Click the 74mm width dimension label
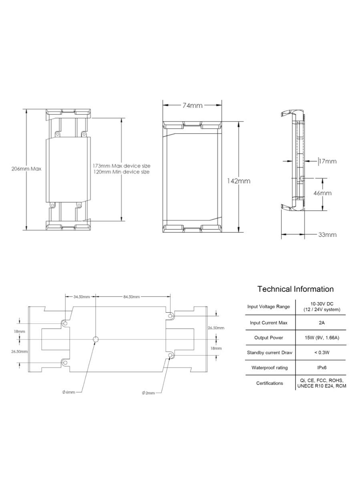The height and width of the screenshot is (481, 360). (x=192, y=105)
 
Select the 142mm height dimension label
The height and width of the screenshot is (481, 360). (x=238, y=181)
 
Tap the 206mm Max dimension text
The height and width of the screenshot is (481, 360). (x=26, y=169)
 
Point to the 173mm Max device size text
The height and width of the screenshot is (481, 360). (x=122, y=166)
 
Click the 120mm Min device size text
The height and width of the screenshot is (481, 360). (x=122, y=172)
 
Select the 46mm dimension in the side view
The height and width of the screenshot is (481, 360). (x=323, y=193)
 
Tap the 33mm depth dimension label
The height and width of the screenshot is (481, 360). (x=328, y=235)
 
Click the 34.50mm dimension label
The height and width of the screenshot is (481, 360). (x=82, y=297)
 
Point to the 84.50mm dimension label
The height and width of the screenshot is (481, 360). (x=131, y=297)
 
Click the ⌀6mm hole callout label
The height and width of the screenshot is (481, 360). (x=68, y=392)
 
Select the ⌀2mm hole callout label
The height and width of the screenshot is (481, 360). (x=149, y=393)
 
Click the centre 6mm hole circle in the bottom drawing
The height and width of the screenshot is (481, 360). (x=96, y=340)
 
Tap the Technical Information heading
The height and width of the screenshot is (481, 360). (x=296, y=289)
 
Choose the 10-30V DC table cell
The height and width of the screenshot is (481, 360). (x=322, y=307)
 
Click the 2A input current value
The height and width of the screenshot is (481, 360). (x=322, y=323)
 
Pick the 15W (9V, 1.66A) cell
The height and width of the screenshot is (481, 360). (x=322, y=338)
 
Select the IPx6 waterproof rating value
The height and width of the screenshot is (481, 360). (x=322, y=368)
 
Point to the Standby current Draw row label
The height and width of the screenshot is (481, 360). (x=269, y=353)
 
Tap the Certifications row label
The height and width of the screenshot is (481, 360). (x=269, y=383)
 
